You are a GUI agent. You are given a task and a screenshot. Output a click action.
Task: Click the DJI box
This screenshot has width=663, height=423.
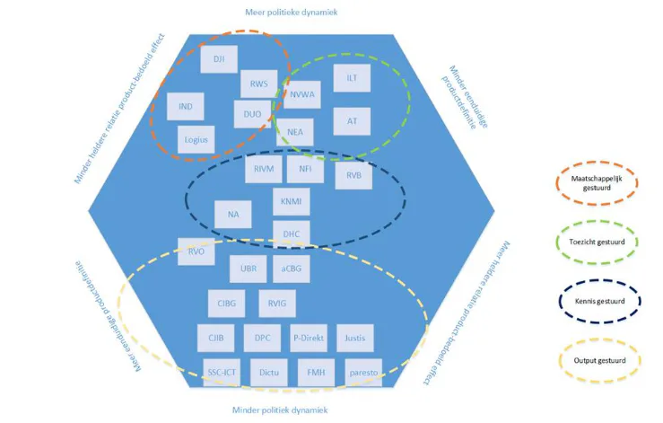click(219, 59)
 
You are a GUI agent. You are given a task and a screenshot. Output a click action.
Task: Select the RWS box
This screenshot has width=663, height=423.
click(258, 85)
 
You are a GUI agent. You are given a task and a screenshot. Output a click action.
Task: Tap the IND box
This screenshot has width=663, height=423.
click(186, 107)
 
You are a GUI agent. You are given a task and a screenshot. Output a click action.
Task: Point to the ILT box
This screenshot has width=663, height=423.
click(352, 79)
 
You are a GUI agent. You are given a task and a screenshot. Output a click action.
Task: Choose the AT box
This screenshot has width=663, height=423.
click(352, 120)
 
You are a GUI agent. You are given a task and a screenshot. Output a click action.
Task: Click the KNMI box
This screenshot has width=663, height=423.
click(291, 201)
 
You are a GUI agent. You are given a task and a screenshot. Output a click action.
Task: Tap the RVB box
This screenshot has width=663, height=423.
click(353, 175)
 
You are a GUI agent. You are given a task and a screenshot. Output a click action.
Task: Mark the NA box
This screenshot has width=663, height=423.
click(233, 214)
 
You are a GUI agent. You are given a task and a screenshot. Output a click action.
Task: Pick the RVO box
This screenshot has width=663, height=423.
click(196, 251)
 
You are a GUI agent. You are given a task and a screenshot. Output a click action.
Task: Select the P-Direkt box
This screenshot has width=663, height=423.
click(309, 339)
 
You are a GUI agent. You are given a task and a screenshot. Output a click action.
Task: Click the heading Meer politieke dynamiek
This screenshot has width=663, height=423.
click(290, 13)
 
